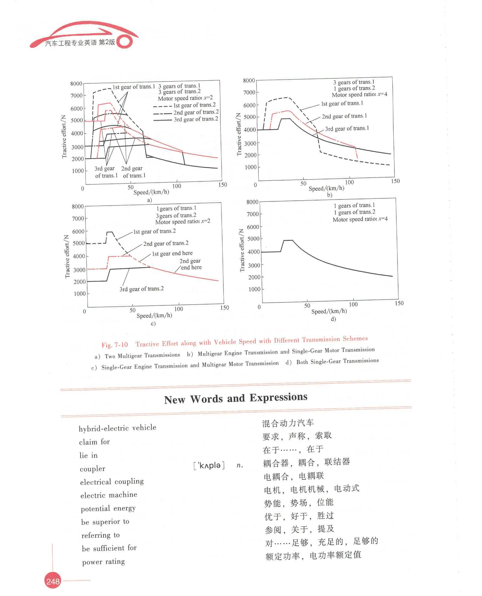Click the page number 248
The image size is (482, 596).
pyautogui.click(x=53, y=581)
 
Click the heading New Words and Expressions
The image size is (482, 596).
pyautogui.click(x=236, y=398)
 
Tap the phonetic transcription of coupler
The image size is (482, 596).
pyautogui.click(x=209, y=466)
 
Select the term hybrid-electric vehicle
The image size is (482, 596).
pyautogui.click(x=117, y=428)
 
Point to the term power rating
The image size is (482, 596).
pyautogui.click(x=103, y=562)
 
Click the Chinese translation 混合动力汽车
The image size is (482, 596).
pyautogui.click(x=288, y=423)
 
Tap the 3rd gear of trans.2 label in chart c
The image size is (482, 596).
pyautogui.click(x=142, y=289)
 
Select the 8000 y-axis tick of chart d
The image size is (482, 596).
pyautogui.click(x=252, y=202)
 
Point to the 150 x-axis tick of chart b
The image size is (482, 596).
pyautogui.click(x=395, y=181)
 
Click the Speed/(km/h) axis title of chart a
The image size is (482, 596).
pyautogui.click(x=151, y=192)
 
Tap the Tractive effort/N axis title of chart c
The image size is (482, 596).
pyautogui.click(x=67, y=257)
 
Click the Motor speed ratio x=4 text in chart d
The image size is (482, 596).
pyautogui.click(x=360, y=219)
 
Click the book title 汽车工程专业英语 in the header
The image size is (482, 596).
pyautogui.click(x=71, y=43)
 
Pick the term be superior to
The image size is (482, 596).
pyautogui.click(x=105, y=522)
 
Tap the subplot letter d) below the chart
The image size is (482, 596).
pyautogui.click(x=333, y=319)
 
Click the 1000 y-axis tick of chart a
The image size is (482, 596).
pyautogui.click(x=78, y=171)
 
